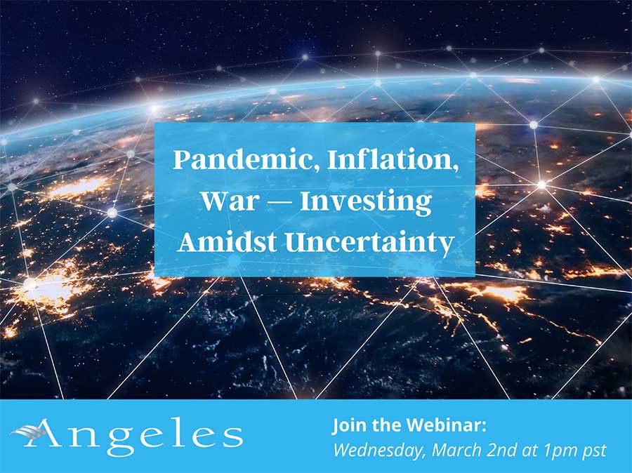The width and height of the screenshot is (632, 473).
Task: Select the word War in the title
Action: click(x=223, y=201)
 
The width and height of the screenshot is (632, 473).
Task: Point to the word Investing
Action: click(x=367, y=203)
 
